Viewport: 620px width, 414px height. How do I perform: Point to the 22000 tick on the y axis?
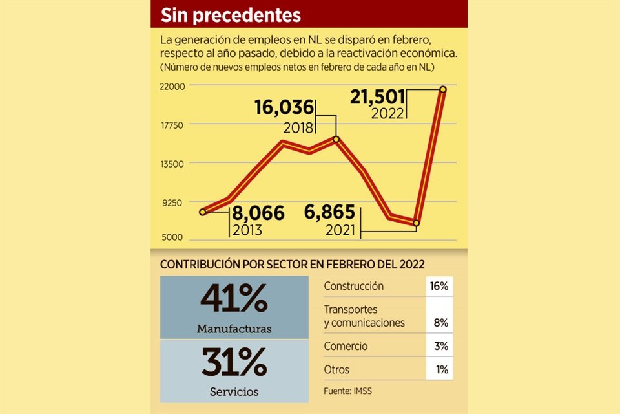click(173, 86)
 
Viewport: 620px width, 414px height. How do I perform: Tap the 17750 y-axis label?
click(173, 125)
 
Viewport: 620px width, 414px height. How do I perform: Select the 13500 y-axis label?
click(173, 164)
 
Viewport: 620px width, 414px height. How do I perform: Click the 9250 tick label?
click(175, 202)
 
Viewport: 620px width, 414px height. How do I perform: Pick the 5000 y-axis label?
click(175, 238)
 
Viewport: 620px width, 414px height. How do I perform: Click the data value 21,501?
click(377, 97)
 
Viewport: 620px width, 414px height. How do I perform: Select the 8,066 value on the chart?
click(258, 213)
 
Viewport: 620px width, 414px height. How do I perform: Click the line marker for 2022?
click(443, 89)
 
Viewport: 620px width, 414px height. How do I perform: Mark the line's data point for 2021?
click(417, 223)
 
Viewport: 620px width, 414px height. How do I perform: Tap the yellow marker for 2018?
click(336, 139)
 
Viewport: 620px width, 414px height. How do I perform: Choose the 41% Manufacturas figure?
click(234, 299)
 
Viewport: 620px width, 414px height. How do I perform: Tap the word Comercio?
click(346, 346)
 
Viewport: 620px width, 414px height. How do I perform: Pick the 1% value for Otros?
click(441, 370)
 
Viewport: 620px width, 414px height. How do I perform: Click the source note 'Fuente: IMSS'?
click(348, 391)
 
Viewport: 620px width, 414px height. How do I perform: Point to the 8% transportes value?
click(441, 322)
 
